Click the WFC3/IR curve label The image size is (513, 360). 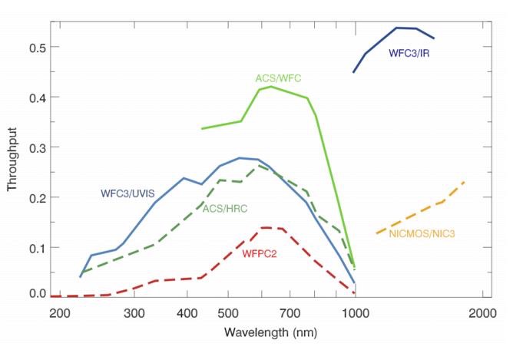tap(409, 53)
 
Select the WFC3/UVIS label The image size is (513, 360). tap(126, 193)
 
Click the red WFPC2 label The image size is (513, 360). tap(260, 254)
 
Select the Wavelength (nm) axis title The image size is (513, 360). tap(270, 333)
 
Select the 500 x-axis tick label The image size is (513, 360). tap(228, 314)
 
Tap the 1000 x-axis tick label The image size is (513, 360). tap(356, 314)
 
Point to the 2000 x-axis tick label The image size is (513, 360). tap(482, 314)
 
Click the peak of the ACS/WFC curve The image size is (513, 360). tap(271, 86)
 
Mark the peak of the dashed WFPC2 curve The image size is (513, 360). tap(265, 227)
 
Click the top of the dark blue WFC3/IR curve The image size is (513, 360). tap(397, 28)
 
